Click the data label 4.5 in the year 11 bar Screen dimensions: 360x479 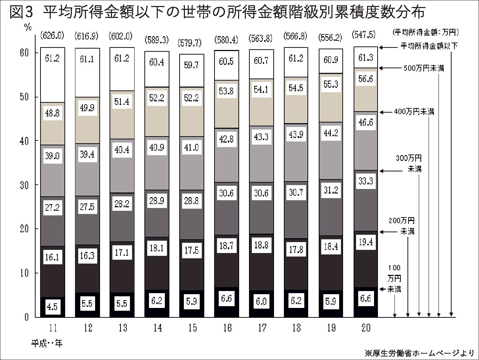coord(52,307)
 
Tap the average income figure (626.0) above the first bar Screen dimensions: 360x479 coord(52,35)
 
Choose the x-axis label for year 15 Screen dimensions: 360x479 coord(192,328)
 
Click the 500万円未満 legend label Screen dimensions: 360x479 coord(424,68)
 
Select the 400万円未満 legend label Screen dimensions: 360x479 coord(414,112)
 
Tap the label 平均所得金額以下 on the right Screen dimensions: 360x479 coord(429,46)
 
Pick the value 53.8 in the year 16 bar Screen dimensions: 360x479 coord(226,91)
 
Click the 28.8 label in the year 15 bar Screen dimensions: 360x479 coord(191,201)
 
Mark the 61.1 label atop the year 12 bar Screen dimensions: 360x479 coord(87,59)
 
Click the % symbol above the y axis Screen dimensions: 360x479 coord(27,27)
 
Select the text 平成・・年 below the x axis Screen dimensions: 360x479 coord(46,343)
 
